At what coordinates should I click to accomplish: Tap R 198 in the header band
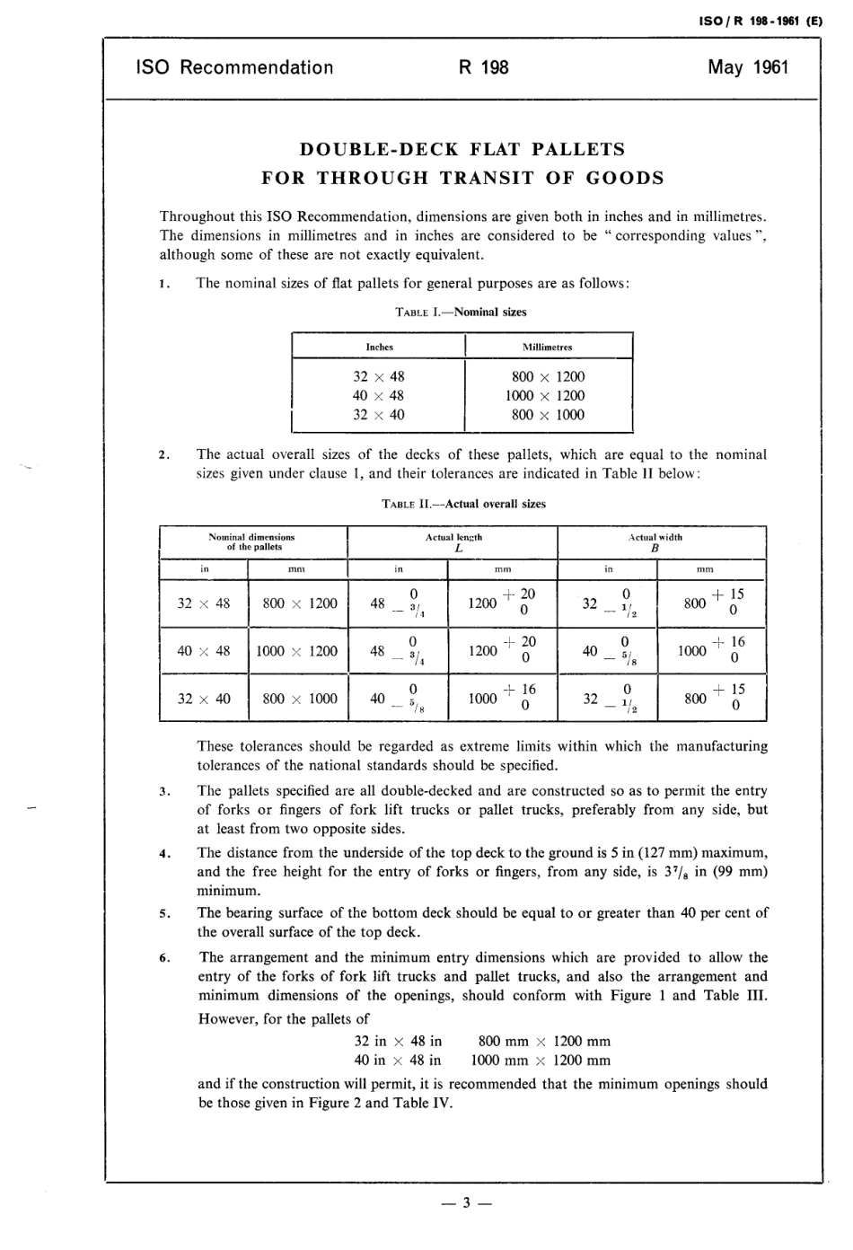tap(483, 68)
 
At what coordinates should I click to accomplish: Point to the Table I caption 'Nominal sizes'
tap(490, 312)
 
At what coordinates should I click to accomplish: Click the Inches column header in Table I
tap(379, 347)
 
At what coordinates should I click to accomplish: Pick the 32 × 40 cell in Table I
tap(379, 415)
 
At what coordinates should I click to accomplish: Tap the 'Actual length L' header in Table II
tap(453, 541)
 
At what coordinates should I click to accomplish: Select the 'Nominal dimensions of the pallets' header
tap(252, 541)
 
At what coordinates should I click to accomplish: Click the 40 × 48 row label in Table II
tap(204, 651)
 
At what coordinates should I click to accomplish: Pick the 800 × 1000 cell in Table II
tap(300, 699)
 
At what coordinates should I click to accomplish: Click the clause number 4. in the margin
tap(164, 854)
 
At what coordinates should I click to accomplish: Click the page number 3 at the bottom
tap(466, 1204)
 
